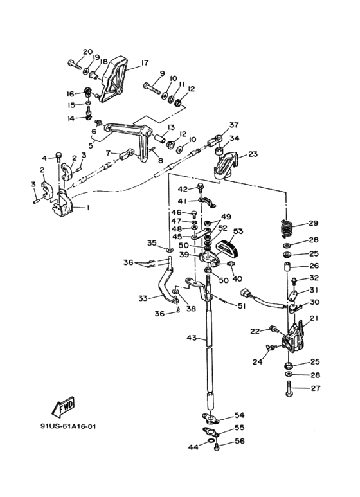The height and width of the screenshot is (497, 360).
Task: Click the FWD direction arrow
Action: click(64, 406)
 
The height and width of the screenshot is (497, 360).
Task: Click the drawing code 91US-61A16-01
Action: click(68, 426)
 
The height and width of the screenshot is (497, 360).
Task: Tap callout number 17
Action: click(145, 63)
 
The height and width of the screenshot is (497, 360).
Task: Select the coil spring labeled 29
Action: click(286, 228)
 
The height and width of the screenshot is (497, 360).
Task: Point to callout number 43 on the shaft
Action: click(192, 338)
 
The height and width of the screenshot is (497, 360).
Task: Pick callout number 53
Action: click(238, 231)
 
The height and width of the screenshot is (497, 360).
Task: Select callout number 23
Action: click(253, 154)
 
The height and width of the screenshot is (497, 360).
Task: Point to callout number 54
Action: click(239, 415)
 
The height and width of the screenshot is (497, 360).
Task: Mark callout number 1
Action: click(88, 208)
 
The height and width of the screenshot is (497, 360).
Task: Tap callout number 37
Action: click(234, 125)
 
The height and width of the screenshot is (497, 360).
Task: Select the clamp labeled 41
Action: click(207, 203)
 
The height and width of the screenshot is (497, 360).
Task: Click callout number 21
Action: click(314, 318)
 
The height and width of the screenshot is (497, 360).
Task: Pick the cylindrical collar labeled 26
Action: click(287, 267)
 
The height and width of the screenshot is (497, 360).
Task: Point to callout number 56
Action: click(240, 441)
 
